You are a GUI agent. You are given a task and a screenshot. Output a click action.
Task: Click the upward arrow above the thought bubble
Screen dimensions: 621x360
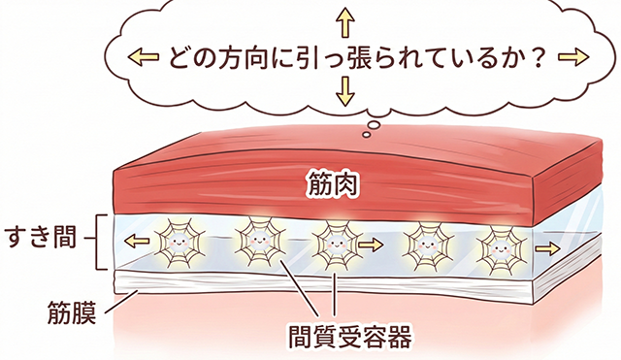click(342, 17)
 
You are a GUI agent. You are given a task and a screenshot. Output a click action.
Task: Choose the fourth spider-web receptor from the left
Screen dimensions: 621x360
click(422, 245)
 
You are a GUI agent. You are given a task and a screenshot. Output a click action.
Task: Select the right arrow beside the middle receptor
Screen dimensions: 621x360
click(371, 246)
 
